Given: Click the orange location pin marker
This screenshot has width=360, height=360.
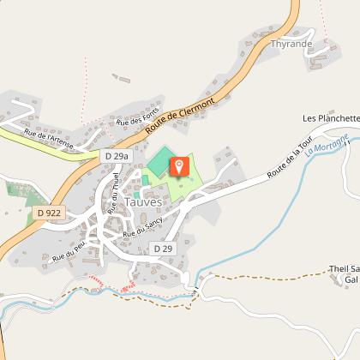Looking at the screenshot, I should click(x=179, y=165).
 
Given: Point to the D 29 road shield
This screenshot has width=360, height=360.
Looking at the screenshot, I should click(x=163, y=247).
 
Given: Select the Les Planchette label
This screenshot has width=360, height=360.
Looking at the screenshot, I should click(x=330, y=117).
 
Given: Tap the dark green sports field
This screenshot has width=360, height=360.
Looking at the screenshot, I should click(x=159, y=160).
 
